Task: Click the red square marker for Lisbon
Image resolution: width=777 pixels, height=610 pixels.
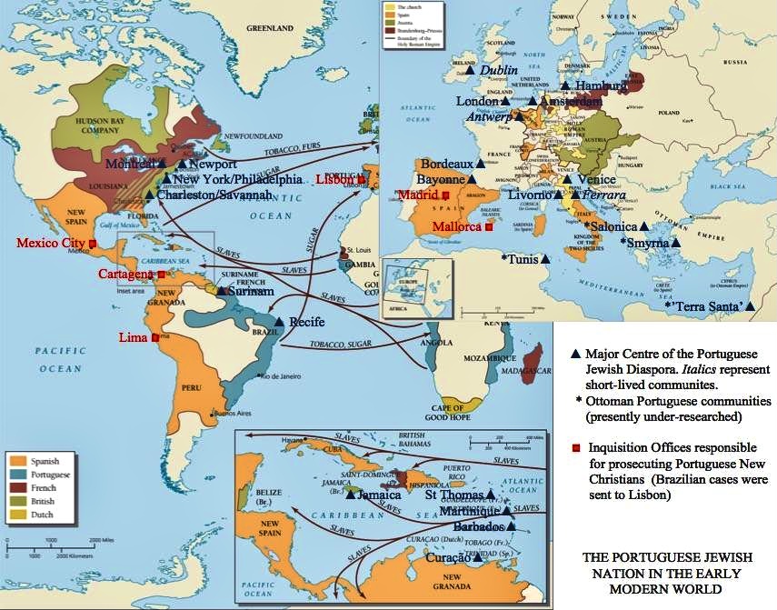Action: click(x=362, y=180)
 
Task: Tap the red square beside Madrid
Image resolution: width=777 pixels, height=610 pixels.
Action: click(x=445, y=195)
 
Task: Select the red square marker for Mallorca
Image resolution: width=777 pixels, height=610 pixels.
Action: click(x=489, y=226)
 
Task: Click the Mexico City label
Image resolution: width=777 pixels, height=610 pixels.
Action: click(x=49, y=244)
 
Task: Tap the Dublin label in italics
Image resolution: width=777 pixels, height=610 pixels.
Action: click(x=498, y=70)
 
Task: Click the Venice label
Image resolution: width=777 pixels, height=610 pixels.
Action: click(x=596, y=180)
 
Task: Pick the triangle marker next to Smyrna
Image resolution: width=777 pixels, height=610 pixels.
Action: click(x=677, y=244)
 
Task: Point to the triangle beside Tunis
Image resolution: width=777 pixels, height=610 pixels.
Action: click(x=545, y=259)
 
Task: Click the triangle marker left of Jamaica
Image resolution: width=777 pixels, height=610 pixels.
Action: click(x=352, y=495)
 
